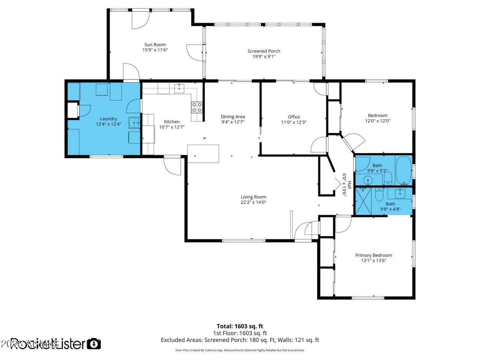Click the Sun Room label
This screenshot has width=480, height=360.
[x=154, y=45]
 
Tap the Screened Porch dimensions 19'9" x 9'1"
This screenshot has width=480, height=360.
[x=264, y=57]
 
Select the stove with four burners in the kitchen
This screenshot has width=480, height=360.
[x=196, y=108]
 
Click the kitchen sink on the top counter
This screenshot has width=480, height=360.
[x=179, y=88]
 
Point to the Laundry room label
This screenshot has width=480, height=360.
[x=108, y=119]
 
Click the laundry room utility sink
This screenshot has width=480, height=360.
[x=134, y=122]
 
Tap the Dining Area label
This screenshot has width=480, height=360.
[x=232, y=117]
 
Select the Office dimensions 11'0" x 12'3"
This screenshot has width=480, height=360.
[x=294, y=122]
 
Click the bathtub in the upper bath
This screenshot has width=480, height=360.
[x=403, y=171]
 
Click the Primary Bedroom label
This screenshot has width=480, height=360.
[x=373, y=255]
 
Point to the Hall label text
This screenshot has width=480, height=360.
[x=349, y=184]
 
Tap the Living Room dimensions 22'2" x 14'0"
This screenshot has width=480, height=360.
[x=253, y=202]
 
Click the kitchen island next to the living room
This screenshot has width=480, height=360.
[x=203, y=154]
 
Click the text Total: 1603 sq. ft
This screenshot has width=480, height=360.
[x=242, y=326]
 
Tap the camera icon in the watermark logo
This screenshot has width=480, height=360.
[x=94, y=343]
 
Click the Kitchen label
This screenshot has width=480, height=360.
[x=172, y=121]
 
